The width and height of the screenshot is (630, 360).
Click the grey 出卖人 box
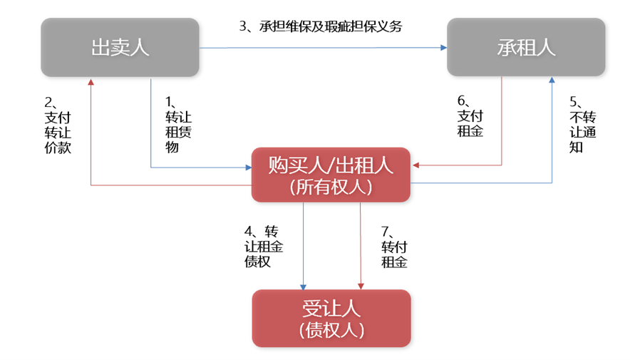pos(120,47)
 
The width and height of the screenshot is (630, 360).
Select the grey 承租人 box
pos(526,47)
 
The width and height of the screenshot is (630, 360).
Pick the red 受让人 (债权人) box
pos(331,318)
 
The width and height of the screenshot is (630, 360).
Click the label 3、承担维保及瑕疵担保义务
pos(321,26)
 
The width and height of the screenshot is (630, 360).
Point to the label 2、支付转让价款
pos(58,125)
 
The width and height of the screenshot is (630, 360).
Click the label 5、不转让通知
pos(582,125)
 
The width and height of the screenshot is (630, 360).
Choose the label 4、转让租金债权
pos(263,246)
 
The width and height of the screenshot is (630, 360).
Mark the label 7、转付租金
pos(394,246)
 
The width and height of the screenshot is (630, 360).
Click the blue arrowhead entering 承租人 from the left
pos(443,48)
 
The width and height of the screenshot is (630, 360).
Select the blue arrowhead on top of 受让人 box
pos(304,285)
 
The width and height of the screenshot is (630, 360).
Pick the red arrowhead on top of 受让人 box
pos(361,285)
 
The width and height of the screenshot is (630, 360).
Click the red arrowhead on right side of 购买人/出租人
pos(415,166)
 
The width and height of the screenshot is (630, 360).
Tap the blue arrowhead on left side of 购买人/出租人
pos(248,168)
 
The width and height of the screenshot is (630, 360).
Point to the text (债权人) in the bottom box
pos(331,329)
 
